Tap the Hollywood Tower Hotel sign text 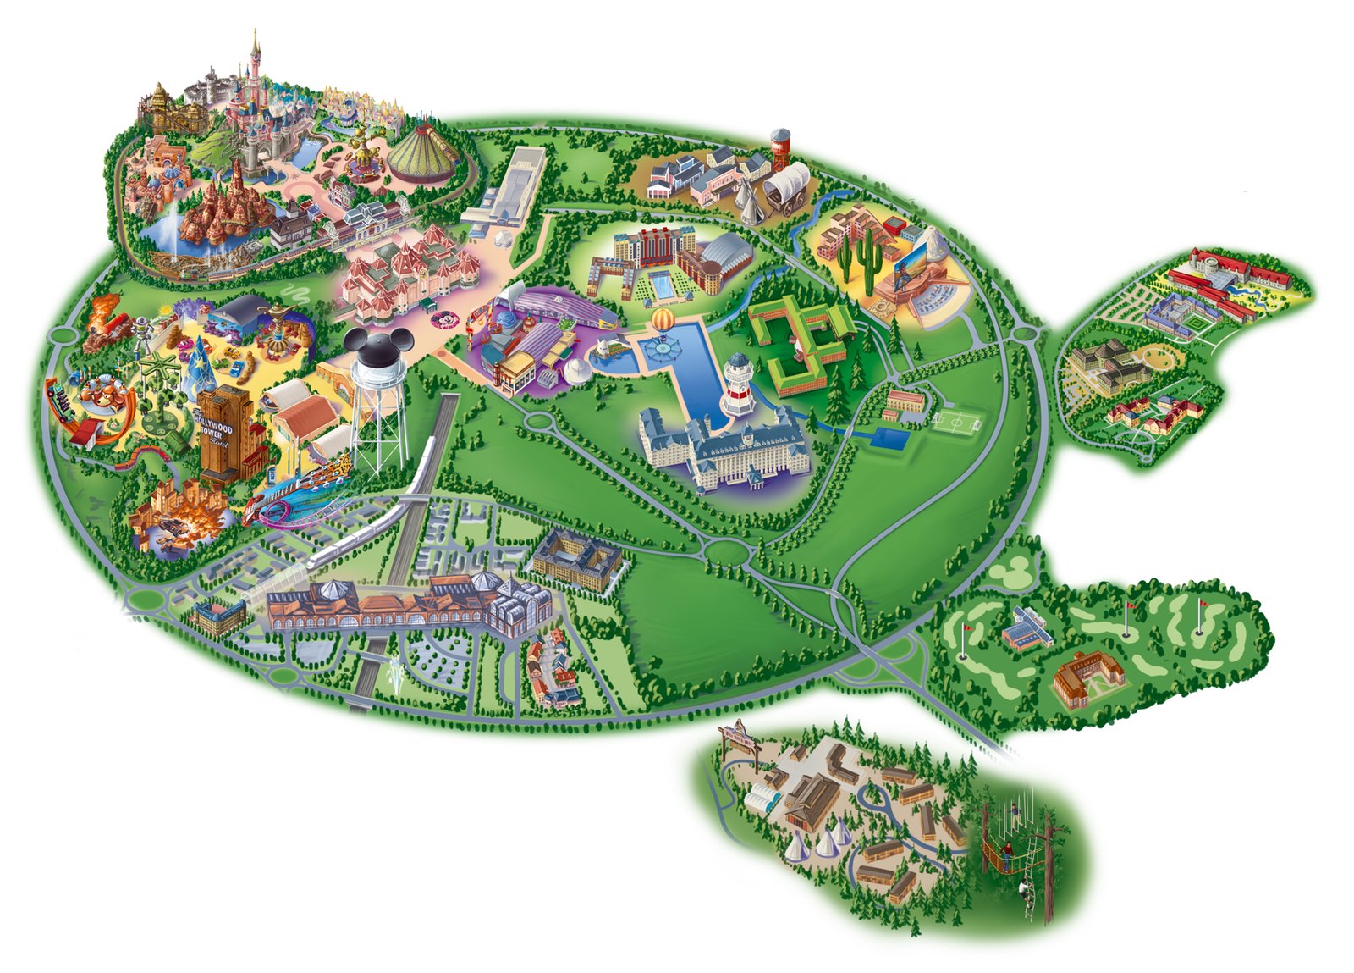[x=215, y=428]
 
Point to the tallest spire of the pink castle [x=254, y=47]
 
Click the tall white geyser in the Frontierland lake [x=173, y=224]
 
